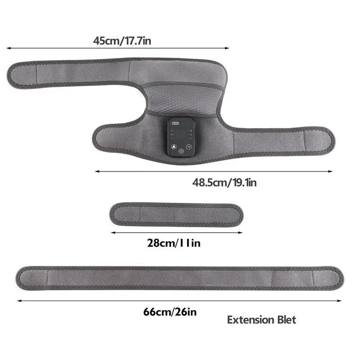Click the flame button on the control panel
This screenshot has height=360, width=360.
(174, 147)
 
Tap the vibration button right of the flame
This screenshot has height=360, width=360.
(189, 147)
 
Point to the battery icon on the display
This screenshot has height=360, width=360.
(175, 123)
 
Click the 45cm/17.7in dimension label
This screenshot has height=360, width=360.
(122, 41)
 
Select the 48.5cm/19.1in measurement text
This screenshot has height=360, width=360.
(225, 183)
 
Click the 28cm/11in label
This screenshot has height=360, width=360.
(174, 243)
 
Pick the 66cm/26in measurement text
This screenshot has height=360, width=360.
(170, 312)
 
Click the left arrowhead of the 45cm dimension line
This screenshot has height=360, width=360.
(8, 48)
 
